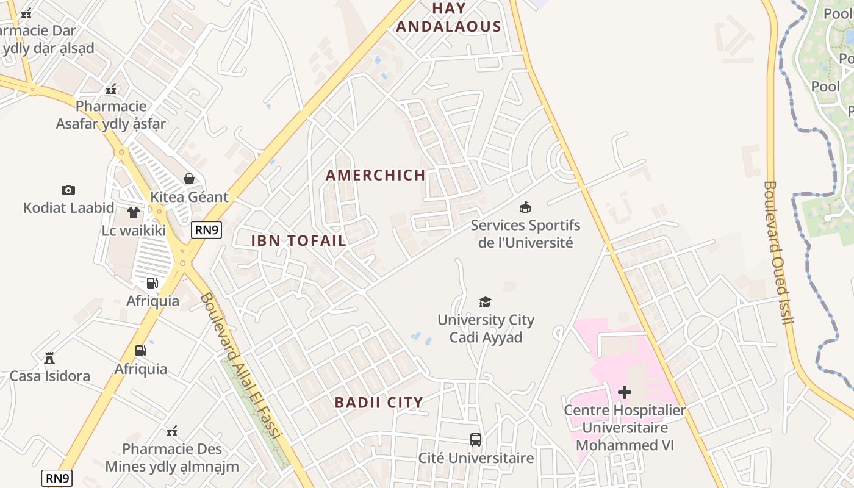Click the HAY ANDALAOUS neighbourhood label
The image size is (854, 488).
click(x=448, y=18)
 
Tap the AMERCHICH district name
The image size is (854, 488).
click(x=376, y=175)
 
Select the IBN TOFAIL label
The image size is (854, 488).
click(x=299, y=240)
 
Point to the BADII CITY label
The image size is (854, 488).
click(x=379, y=403)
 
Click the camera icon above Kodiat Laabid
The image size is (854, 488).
click(x=68, y=190)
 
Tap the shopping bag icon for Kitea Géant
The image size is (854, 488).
click(x=189, y=179)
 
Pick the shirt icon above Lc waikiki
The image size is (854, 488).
click(x=134, y=213)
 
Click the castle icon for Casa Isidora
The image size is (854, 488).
click(x=49, y=357)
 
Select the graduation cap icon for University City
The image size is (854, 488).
click(x=485, y=302)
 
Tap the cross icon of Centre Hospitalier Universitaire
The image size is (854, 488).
click(x=625, y=392)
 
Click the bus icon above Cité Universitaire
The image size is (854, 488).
click(x=475, y=439)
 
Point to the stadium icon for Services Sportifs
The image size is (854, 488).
click(x=525, y=207)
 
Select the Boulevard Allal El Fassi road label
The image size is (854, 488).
click(x=240, y=366)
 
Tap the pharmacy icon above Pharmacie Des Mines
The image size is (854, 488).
click(x=172, y=431)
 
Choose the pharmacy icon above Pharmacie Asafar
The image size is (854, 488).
click(x=111, y=89)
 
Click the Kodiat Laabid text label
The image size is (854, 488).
click(x=68, y=207)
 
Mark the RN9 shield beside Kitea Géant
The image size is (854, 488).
click(x=206, y=229)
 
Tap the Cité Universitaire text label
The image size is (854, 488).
click(x=476, y=457)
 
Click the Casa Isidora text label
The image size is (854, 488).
click(x=50, y=376)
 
